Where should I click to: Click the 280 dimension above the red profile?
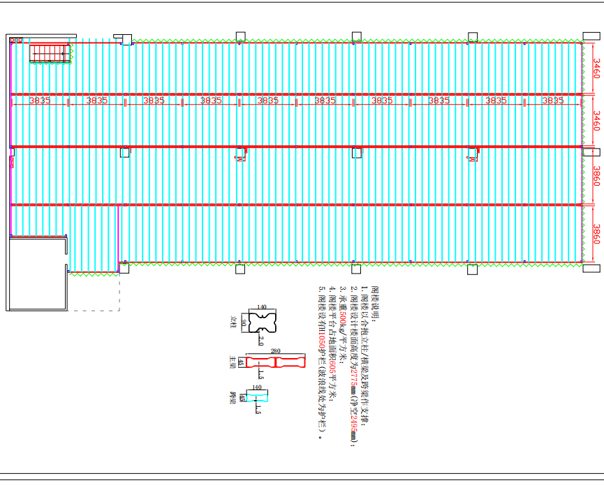(275, 351)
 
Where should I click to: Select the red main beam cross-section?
(276, 362)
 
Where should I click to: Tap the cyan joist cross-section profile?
(256, 397)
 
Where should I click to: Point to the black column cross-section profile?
(262, 320)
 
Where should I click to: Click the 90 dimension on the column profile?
(243, 322)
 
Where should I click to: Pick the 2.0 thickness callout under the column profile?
(260, 341)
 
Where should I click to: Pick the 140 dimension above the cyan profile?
(256, 387)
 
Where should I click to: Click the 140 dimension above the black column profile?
(262, 306)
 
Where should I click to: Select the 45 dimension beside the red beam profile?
(241, 362)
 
